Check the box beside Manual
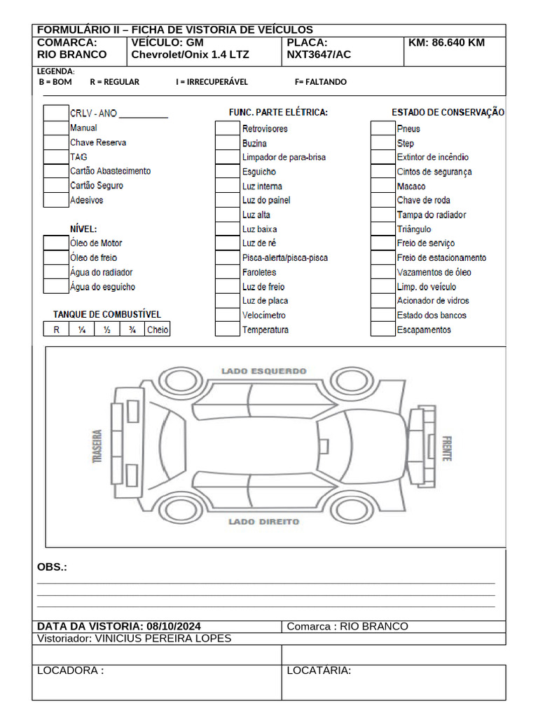tap(56, 128)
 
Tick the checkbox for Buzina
tap(227, 143)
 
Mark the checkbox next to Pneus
tap(382, 128)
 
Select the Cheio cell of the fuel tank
tap(157, 330)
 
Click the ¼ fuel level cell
tap(82, 330)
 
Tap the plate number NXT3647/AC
tap(319, 55)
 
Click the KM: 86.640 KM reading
tap(446, 43)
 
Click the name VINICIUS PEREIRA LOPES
tap(163, 639)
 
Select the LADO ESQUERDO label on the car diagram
tap(263, 371)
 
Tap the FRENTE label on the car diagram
tap(446, 449)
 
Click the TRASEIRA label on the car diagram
tap(97, 447)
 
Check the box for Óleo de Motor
tap(56, 243)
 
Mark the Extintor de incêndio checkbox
tap(382, 157)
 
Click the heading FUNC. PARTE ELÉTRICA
tap(278, 112)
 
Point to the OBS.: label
tap(52, 567)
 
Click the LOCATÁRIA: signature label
tap(319, 671)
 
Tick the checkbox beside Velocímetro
tap(227, 316)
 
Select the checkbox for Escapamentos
tap(382, 330)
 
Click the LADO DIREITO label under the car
tap(263, 522)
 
